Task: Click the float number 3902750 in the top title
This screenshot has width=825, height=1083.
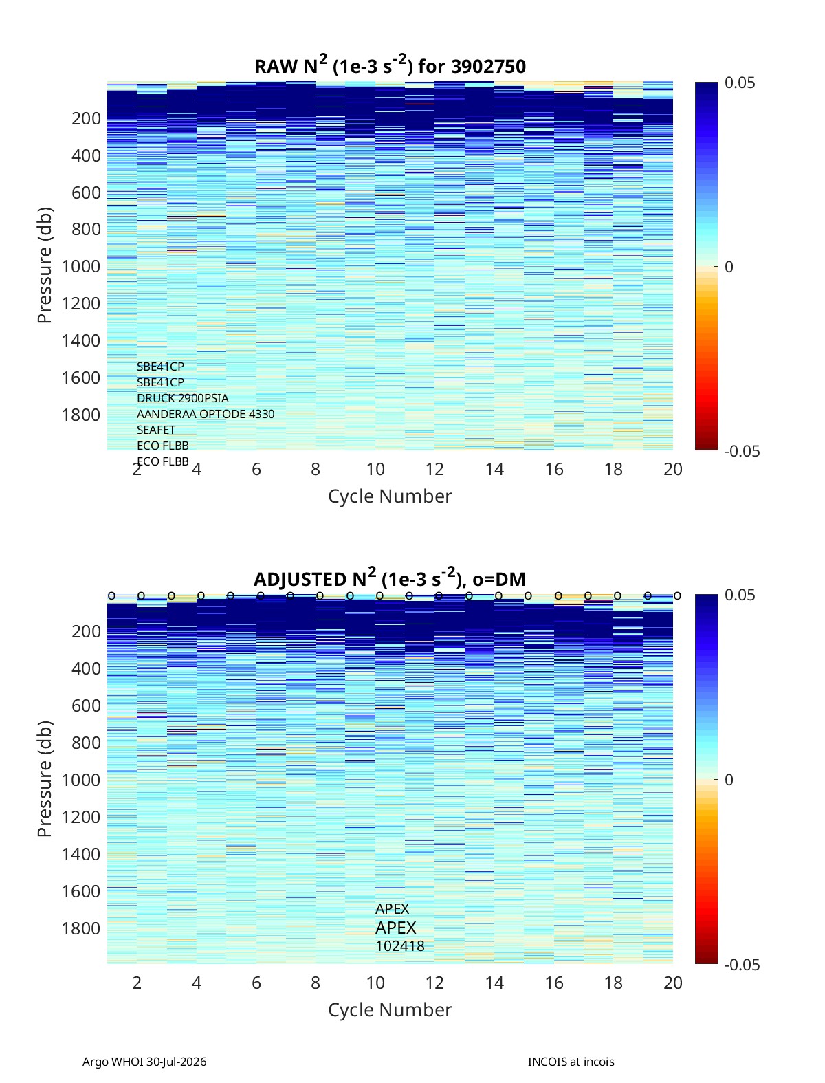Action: [487, 66]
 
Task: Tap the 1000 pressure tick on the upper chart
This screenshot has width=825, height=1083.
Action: [81, 266]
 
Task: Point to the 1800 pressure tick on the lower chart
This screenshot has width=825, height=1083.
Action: [81, 928]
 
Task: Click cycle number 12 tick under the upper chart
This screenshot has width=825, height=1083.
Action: [434, 469]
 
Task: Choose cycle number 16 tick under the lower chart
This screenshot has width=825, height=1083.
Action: [553, 983]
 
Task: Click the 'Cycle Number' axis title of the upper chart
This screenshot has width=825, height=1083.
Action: [390, 496]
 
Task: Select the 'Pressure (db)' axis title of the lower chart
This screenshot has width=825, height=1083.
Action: [45, 779]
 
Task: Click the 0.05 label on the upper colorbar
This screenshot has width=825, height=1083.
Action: [740, 83]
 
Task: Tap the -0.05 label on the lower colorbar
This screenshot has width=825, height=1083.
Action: [742, 965]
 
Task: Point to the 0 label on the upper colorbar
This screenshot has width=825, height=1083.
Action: [729, 267]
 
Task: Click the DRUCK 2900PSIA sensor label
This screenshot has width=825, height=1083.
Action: [182, 398]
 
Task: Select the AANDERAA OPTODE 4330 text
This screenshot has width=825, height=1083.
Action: [206, 414]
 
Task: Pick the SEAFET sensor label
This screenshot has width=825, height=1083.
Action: [156, 430]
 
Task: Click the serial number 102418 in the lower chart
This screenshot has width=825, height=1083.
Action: [400, 946]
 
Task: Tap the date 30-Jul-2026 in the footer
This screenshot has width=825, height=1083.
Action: [176, 1062]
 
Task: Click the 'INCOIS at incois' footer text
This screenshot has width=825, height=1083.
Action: [571, 1062]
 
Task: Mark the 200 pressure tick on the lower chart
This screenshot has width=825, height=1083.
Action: [86, 631]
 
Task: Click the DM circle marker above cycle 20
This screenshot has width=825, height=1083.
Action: [678, 596]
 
